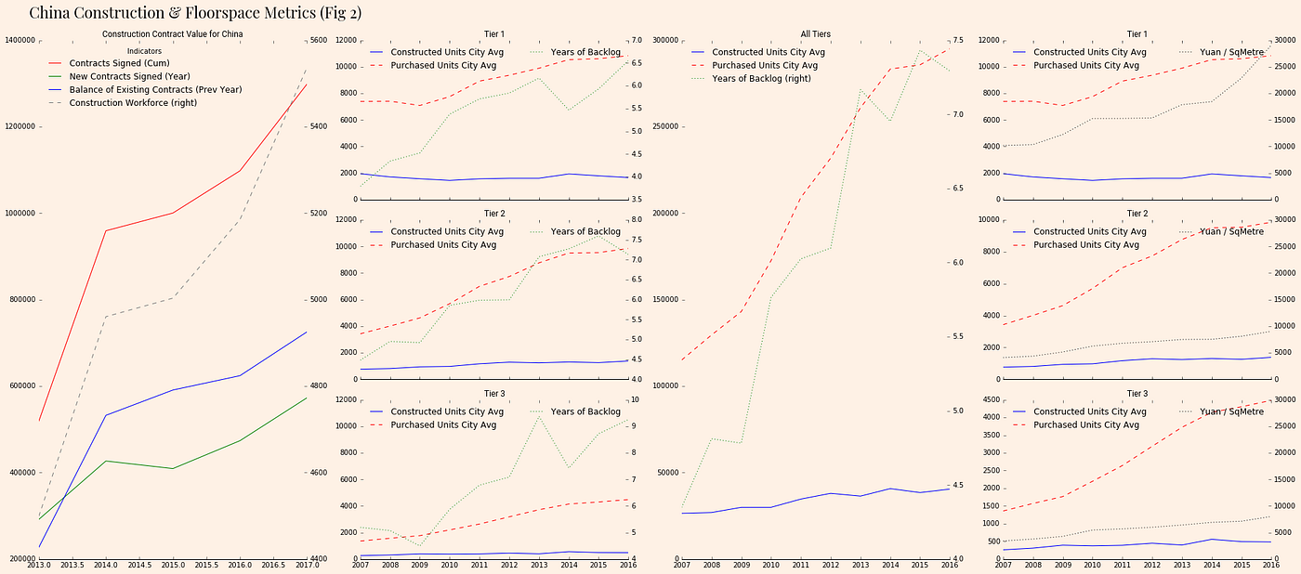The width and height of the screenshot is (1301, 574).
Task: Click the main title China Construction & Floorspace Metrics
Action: pyautogui.click(x=195, y=13)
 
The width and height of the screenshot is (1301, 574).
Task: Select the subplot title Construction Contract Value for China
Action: pyautogui.click(x=173, y=34)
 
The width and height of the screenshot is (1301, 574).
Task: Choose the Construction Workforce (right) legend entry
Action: pyautogui.click(x=134, y=102)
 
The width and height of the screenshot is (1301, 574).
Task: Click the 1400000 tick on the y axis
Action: pyautogui.click(x=19, y=40)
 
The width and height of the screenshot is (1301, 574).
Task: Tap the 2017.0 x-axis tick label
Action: pyautogui.click(x=307, y=565)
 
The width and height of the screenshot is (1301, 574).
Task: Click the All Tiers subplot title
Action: pyautogui.click(x=815, y=34)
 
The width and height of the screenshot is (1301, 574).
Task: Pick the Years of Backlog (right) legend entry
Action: pyautogui.click(x=761, y=79)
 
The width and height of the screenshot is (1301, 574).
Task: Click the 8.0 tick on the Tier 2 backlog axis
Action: pyautogui.click(x=640, y=219)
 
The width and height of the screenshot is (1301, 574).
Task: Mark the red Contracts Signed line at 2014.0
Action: pyautogui.click(x=106, y=230)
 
